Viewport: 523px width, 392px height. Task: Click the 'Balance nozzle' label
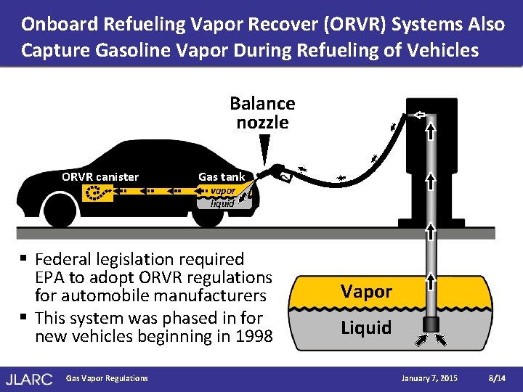(262, 113)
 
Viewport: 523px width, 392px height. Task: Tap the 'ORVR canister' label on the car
(100, 176)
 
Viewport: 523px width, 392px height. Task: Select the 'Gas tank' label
(222, 176)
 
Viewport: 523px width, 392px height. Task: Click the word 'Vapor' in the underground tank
(366, 292)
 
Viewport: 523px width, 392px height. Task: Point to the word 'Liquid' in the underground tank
(366, 327)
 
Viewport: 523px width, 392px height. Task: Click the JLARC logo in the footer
(28, 378)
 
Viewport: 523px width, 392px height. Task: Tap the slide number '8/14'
(498, 378)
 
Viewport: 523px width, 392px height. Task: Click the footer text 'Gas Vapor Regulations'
(106, 378)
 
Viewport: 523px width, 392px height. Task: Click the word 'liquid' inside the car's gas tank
(222, 203)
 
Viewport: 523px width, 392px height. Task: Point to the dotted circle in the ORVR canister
(94, 193)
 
